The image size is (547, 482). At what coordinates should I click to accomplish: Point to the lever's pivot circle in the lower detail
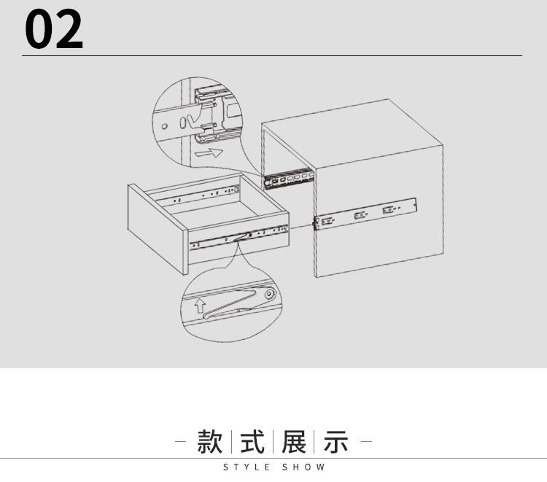coord(269,295)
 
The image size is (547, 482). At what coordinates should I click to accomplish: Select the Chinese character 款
coord(212,442)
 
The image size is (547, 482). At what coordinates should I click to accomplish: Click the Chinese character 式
coord(252,442)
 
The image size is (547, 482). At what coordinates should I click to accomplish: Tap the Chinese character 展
coord(294,442)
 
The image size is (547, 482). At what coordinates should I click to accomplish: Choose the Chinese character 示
coord(335,442)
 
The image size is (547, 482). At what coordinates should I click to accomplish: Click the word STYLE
coord(247,467)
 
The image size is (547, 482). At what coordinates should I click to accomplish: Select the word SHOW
coord(303,467)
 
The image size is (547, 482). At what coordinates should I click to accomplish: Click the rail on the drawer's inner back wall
coord(204,194)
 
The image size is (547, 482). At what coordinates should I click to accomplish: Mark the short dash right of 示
coord(367,442)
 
